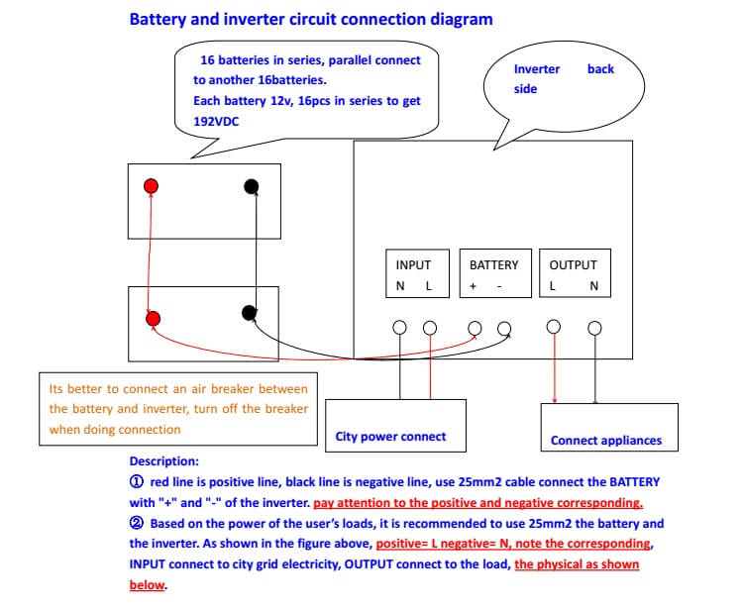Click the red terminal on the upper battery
[x=151, y=185]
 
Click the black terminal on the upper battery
[x=252, y=186]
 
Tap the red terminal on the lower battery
[x=153, y=319]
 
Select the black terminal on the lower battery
[x=250, y=313]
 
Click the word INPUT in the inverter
[x=413, y=265]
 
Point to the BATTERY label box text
[x=493, y=265]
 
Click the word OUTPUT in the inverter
[x=573, y=265]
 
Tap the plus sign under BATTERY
[x=473, y=286]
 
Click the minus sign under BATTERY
[x=499, y=286]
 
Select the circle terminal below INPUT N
[x=399, y=327]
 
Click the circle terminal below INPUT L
[x=430, y=327]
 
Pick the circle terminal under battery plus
[x=475, y=328]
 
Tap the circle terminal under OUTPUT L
[x=554, y=326]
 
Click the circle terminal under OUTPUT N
[x=594, y=328]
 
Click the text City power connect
[x=390, y=437]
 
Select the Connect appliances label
[x=606, y=441]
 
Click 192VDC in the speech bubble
[x=216, y=122]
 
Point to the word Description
[x=163, y=461]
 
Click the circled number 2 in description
[x=136, y=523]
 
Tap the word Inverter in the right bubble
[x=537, y=69]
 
